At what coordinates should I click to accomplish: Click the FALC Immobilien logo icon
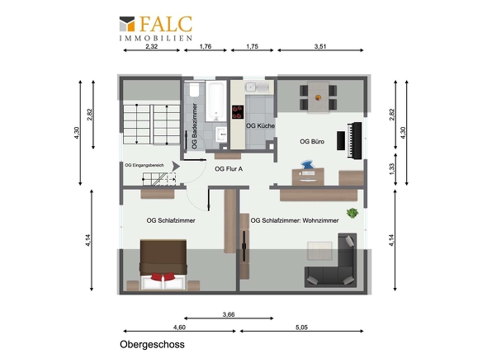[x=127, y=24]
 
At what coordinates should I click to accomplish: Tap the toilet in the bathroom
[x=195, y=89]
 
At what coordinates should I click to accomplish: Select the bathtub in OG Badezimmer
[x=216, y=101]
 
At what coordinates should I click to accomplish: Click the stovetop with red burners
[x=238, y=112]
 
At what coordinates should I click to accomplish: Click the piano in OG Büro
[x=355, y=140]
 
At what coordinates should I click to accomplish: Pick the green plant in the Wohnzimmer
[x=352, y=213]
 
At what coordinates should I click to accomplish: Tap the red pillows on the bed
[x=163, y=276]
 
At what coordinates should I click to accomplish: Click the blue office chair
[x=307, y=165]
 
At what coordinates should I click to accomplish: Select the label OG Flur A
[x=229, y=169]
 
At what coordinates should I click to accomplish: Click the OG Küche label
[x=260, y=125]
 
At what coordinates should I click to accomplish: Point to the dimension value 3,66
[x=229, y=314]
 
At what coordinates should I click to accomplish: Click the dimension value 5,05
[x=301, y=328]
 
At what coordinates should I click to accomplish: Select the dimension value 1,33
[x=392, y=169]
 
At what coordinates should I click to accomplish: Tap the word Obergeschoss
[x=152, y=344]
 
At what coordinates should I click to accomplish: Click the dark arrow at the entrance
[x=176, y=167]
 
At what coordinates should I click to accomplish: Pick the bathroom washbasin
[x=221, y=134]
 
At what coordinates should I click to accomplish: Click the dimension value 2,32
[x=152, y=46]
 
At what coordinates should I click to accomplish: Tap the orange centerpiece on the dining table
[x=318, y=97]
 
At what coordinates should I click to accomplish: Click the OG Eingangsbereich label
[x=144, y=165]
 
